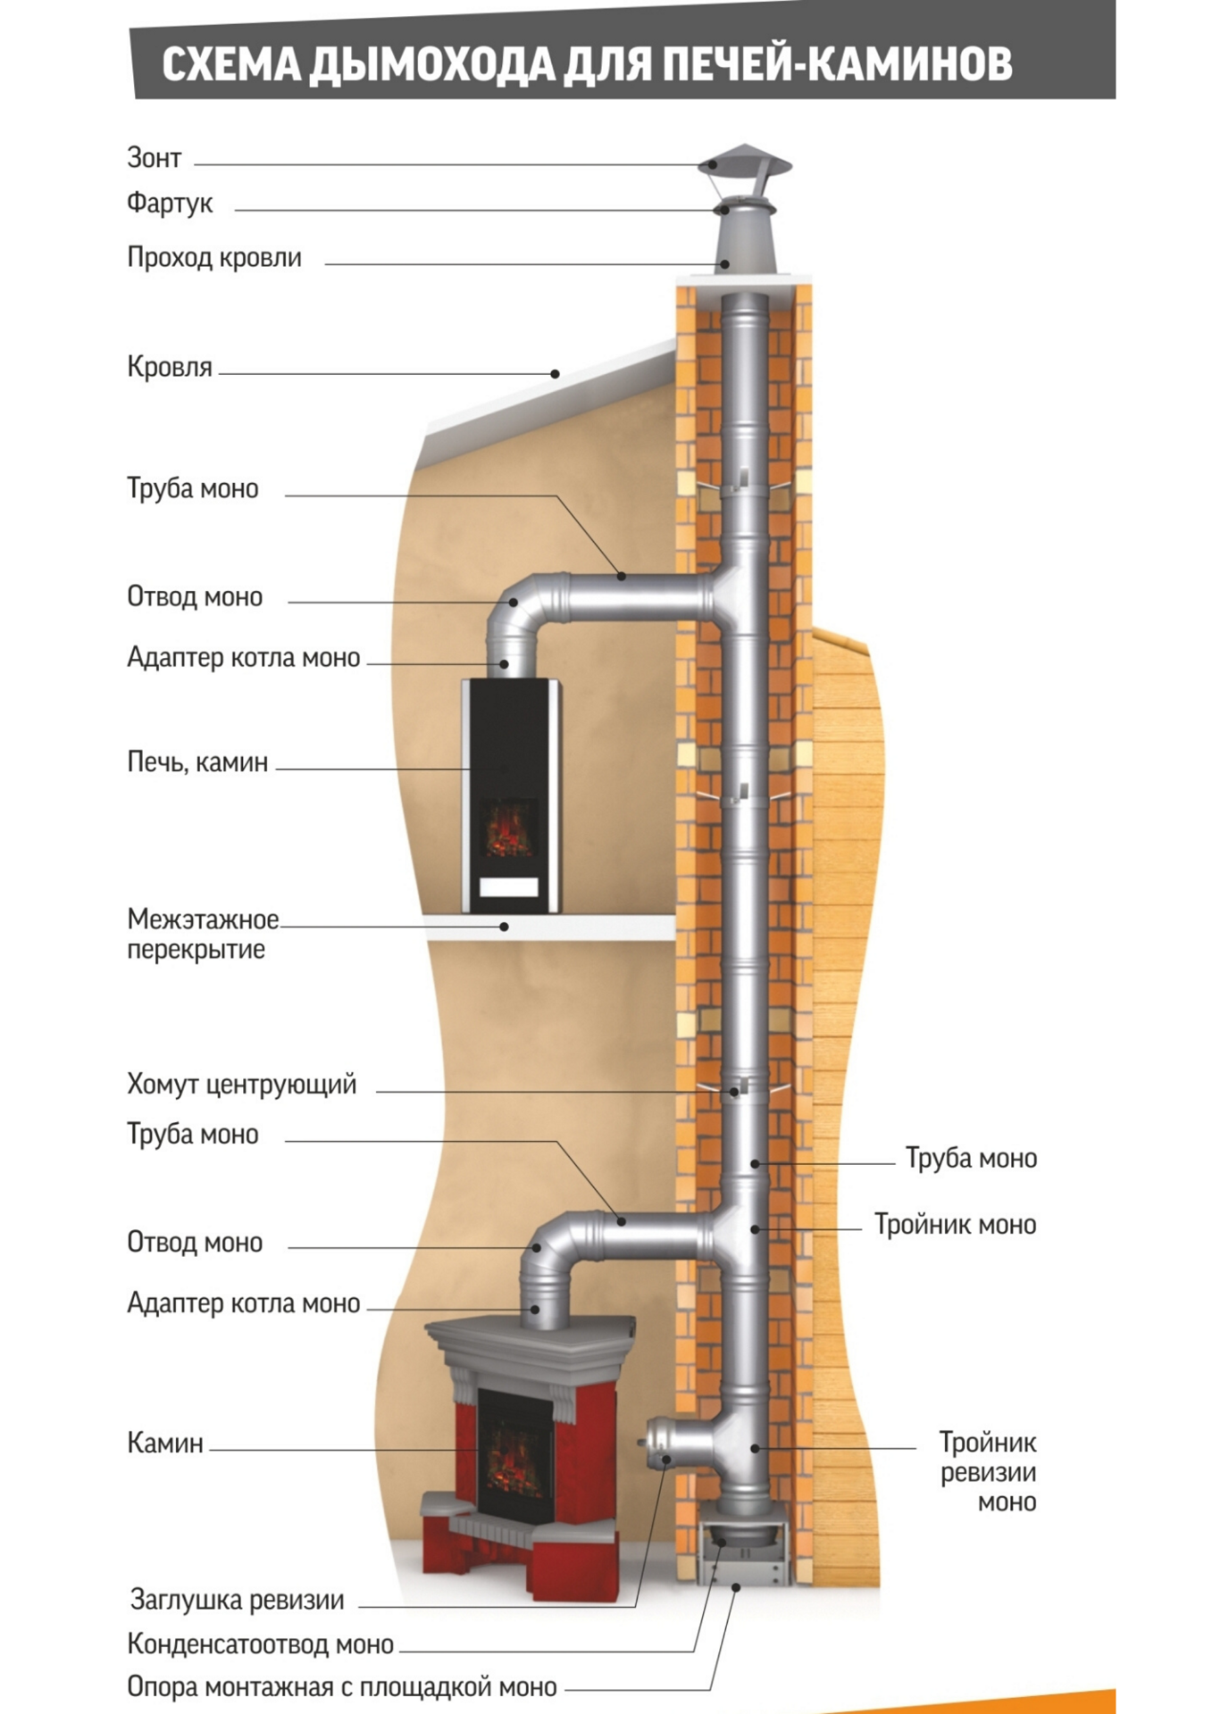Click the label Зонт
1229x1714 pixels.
[x=154, y=158]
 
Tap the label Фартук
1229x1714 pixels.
[x=170, y=204]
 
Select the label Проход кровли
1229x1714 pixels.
[x=214, y=258]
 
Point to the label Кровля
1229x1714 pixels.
[x=170, y=367]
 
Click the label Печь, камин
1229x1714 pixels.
[x=197, y=762]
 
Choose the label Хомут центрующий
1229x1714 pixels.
[x=241, y=1085]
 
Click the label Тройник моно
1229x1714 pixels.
[x=955, y=1225]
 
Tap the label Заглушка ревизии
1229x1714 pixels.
[x=237, y=1600]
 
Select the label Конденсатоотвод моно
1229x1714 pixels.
[x=260, y=1643]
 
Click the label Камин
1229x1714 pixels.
[x=165, y=1443]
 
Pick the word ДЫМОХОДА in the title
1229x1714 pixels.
[x=432, y=64]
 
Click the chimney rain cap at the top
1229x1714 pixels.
[x=745, y=162]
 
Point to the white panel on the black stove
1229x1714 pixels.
[x=509, y=886]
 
